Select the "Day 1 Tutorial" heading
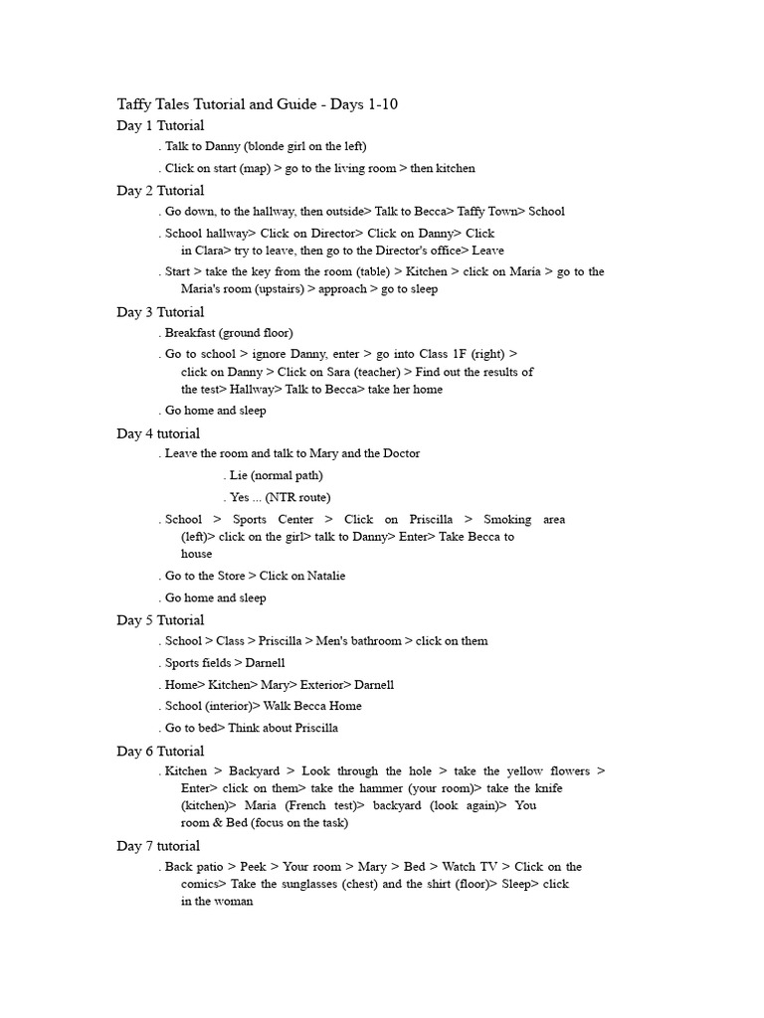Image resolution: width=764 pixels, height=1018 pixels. coord(160,125)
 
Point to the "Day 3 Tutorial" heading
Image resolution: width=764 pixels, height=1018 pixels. coord(160,312)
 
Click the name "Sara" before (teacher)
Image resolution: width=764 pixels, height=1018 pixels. coord(352,372)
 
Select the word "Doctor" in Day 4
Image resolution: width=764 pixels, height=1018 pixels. coord(399,453)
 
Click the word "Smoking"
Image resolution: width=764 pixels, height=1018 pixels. coord(508,519)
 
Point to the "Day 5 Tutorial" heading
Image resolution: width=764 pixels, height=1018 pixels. coord(160,620)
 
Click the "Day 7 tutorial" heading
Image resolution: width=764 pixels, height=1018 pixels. coord(158,846)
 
